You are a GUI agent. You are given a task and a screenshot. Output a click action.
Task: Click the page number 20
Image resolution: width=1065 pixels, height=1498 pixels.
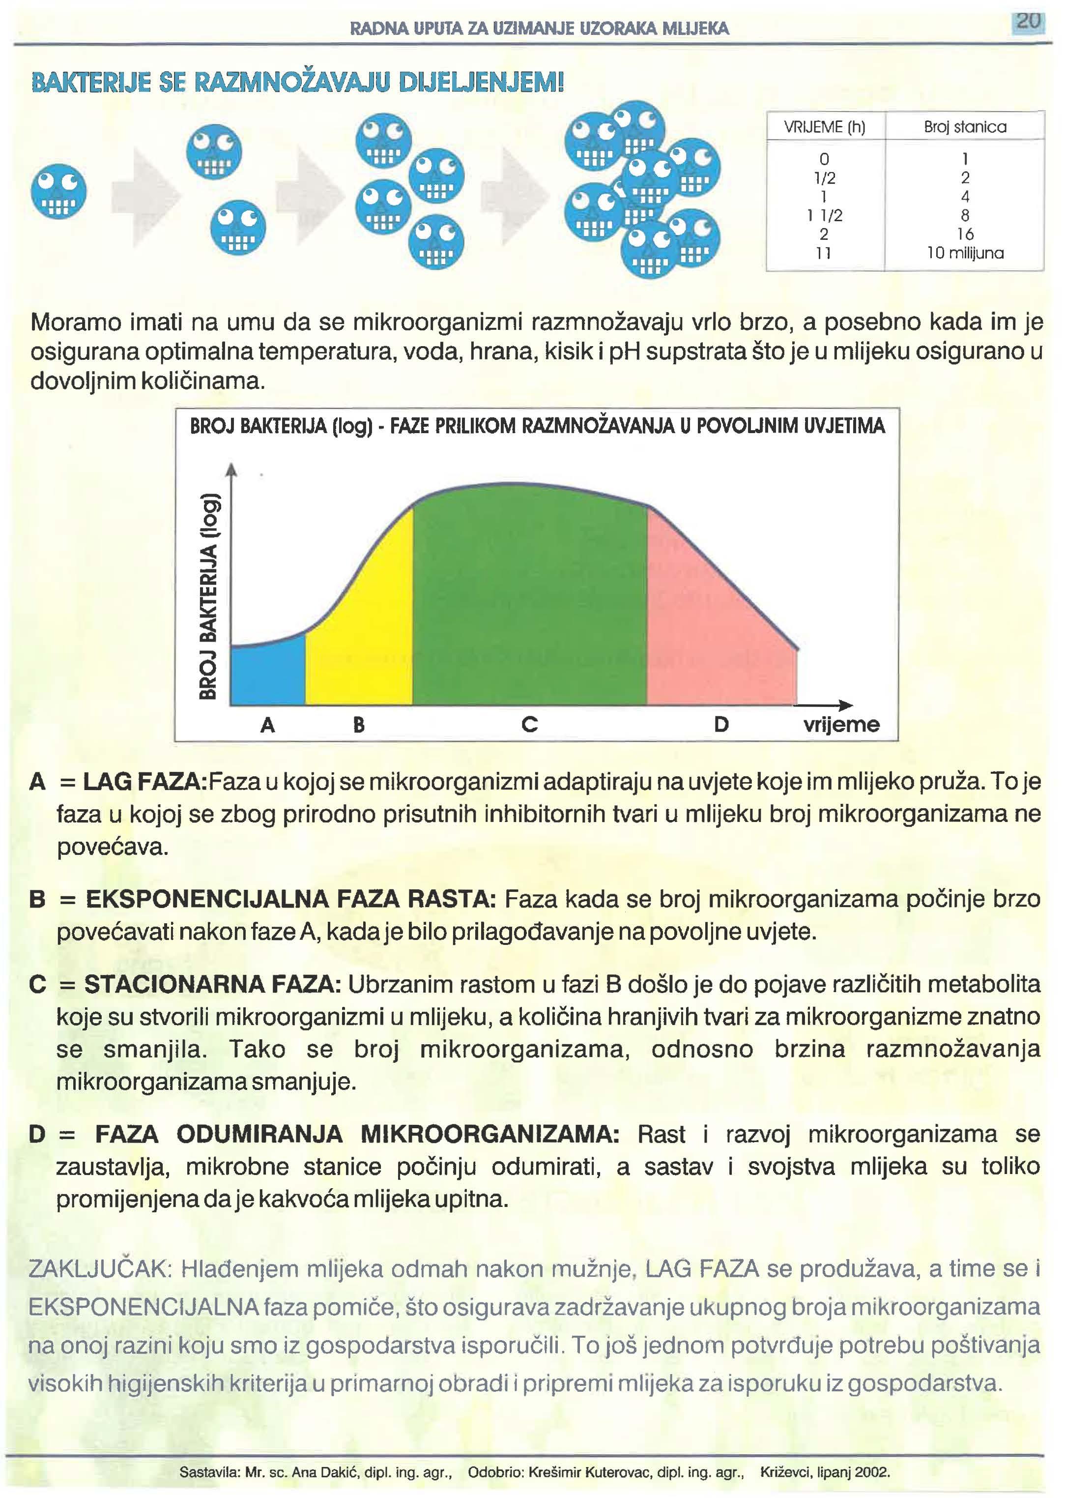1028,21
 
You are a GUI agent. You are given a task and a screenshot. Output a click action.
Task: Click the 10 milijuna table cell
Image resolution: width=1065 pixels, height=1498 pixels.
965,253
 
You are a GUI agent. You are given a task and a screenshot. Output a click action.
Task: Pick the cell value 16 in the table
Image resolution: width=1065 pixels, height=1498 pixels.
965,234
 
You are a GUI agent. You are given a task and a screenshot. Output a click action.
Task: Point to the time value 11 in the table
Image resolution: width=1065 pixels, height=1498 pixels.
824,253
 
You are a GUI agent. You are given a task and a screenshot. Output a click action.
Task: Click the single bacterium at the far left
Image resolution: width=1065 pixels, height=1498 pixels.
59,192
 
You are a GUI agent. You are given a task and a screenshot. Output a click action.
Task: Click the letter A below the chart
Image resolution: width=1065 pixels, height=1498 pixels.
267,725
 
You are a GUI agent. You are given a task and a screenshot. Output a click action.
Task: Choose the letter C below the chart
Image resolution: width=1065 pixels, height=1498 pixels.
529,725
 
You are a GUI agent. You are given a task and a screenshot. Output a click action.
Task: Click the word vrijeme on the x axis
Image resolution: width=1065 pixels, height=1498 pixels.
841,725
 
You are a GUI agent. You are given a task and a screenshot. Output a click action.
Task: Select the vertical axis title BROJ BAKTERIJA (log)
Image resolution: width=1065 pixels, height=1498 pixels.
208,595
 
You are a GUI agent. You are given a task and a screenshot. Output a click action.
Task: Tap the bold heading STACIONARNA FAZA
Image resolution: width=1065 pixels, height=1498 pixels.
212,984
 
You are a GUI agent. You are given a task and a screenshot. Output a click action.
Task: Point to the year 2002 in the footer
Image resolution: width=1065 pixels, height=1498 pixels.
873,1472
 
